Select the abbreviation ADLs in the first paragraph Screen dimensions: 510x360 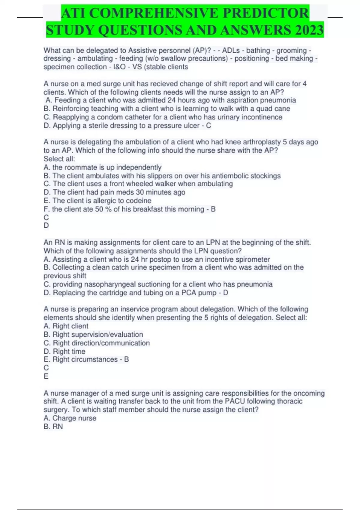coord(231,50)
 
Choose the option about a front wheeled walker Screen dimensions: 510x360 coord(138,184)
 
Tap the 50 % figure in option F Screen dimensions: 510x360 coord(103,209)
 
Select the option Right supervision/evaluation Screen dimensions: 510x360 coord(93,334)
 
